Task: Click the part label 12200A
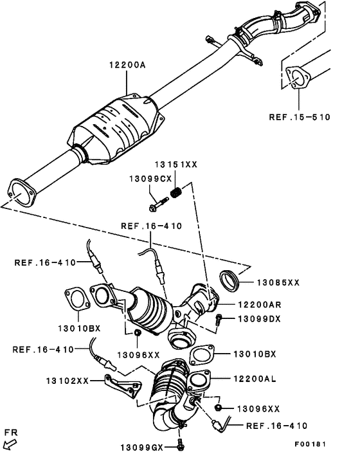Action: [x=127, y=65]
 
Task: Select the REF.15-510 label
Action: [x=300, y=117]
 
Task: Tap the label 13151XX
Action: [x=175, y=165]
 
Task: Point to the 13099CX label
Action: [x=150, y=179]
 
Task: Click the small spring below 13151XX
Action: [x=175, y=192]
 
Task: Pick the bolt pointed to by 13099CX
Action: [x=159, y=204]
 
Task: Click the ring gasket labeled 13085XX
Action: [x=230, y=280]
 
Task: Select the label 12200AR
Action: [x=260, y=305]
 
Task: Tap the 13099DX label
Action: [x=259, y=319]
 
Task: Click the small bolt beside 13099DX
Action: [x=218, y=319]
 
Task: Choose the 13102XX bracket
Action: [x=123, y=386]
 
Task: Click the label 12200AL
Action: [x=255, y=378]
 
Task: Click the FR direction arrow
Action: [x=11, y=443]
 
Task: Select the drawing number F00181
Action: [x=310, y=444]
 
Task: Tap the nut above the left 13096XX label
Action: [x=138, y=333]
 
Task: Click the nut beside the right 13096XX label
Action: [x=218, y=408]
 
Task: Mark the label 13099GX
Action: [x=142, y=448]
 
